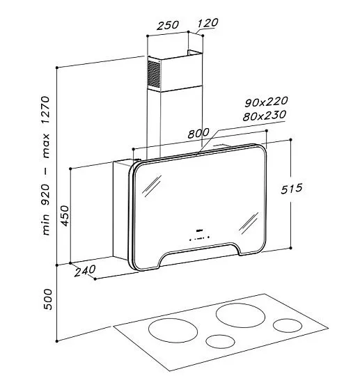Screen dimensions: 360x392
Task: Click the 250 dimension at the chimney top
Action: point(168,25)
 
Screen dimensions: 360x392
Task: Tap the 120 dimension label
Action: point(208,23)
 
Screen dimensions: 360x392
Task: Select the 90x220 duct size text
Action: point(266,102)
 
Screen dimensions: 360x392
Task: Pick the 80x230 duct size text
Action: point(265,116)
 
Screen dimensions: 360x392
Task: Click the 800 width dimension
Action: point(198,133)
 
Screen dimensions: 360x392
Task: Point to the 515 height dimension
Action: point(292,189)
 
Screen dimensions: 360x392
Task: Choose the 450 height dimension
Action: point(65,216)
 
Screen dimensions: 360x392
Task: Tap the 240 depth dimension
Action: point(85,270)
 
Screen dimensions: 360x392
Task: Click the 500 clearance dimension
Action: point(47,299)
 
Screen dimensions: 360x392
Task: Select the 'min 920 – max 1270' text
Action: point(46,166)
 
